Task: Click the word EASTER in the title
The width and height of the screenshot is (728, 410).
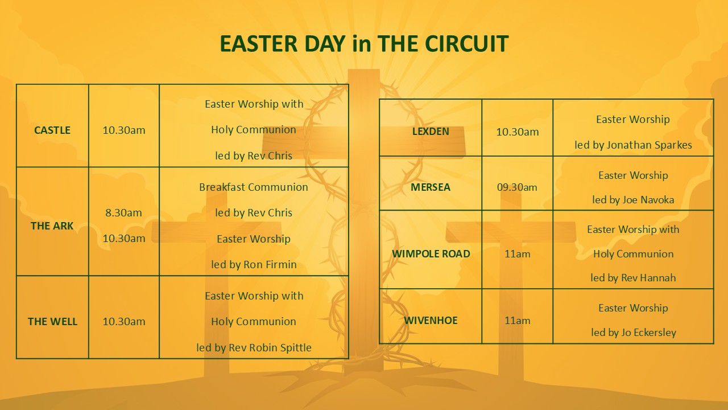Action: click(x=259, y=44)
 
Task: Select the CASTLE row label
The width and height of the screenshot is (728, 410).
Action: click(x=52, y=130)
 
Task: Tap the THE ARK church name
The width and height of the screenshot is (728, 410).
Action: click(x=52, y=226)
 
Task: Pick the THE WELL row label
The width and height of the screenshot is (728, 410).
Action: click(x=52, y=322)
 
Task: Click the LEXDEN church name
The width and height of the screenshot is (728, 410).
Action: click(x=431, y=132)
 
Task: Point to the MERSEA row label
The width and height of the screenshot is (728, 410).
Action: click(x=431, y=187)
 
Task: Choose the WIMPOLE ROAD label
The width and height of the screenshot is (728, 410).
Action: click(x=431, y=254)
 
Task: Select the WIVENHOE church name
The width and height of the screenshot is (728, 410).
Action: click(x=431, y=321)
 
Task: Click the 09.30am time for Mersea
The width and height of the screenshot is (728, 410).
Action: click(x=517, y=187)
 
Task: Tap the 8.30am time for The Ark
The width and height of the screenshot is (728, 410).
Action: click(x=123, y=213)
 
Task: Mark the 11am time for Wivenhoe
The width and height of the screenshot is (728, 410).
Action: click(x=517, y=321)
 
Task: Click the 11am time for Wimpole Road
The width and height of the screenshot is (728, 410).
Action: click(x=517, y=254)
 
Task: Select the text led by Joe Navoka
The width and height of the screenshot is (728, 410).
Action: click(x=633, y=200)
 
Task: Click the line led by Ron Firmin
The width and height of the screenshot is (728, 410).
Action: click(x=254, y=265)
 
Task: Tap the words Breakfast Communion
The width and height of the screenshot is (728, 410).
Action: click(x=254, y=187)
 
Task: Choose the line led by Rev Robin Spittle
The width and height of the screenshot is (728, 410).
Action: click(x=254, y=347)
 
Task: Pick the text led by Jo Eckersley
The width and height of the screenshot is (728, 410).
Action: click(x=634, y=333)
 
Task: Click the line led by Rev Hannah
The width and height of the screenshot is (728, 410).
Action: click(x=633, y=278)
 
